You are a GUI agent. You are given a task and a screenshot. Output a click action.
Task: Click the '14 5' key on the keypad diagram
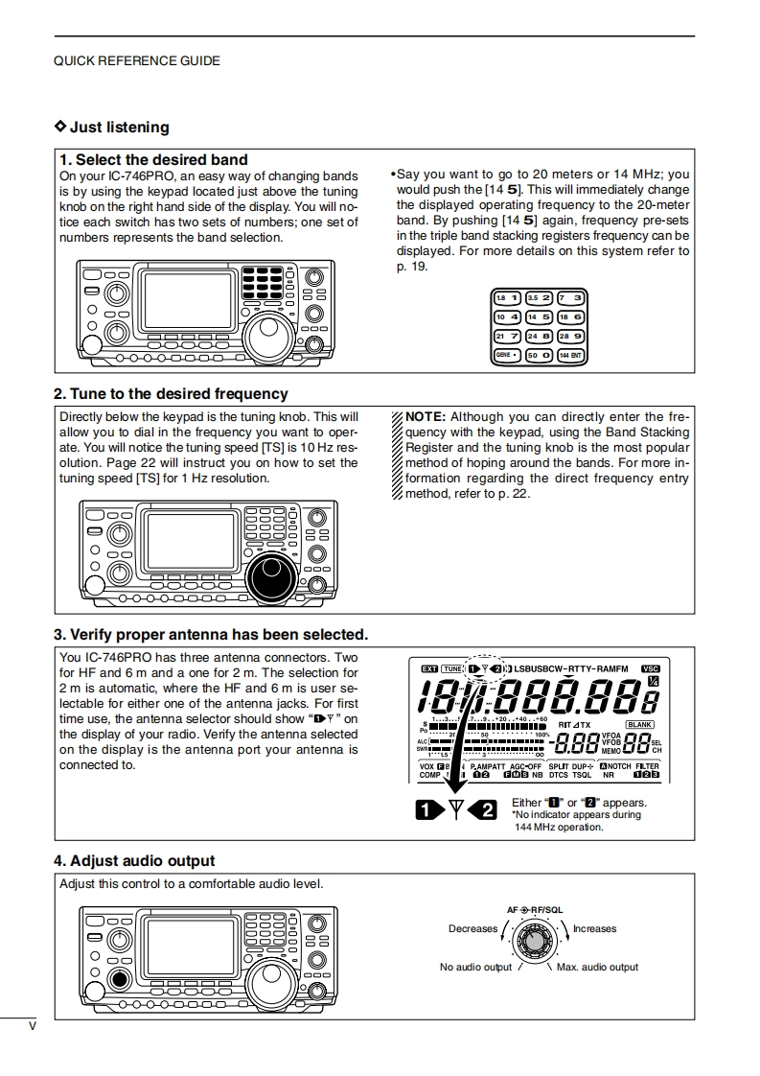point(538,316)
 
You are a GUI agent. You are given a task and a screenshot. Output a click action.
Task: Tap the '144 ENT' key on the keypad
point(570,355)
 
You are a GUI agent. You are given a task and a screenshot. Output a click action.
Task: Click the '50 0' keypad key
point(538,355)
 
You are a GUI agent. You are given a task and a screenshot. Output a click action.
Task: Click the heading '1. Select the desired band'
point(153,160)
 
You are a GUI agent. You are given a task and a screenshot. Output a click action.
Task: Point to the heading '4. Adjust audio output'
point(134,861)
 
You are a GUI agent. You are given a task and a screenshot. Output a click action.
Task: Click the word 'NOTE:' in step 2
point(426,417)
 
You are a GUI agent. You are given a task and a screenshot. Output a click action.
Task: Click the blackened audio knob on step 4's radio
point(118,980)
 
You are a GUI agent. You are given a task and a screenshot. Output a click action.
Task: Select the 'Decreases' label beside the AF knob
point(472,928)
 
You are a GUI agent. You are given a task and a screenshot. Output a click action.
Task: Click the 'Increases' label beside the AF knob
point(595,928)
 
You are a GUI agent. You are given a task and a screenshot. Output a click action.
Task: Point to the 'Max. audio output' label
point(597,967)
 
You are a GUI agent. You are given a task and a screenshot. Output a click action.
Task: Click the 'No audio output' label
point(475,967)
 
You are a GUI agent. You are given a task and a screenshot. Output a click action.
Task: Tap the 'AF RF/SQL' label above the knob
point(535,908)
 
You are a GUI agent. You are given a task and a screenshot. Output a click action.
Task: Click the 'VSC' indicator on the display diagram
point(651,668)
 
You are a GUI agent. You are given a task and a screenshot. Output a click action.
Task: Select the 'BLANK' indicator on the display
point(639,724)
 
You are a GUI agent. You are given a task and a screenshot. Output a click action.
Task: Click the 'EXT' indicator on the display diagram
point(428,668)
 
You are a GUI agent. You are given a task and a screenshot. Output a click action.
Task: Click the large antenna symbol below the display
point(456,810)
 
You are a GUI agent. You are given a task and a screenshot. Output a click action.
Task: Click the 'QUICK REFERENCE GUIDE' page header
point(137,60)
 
